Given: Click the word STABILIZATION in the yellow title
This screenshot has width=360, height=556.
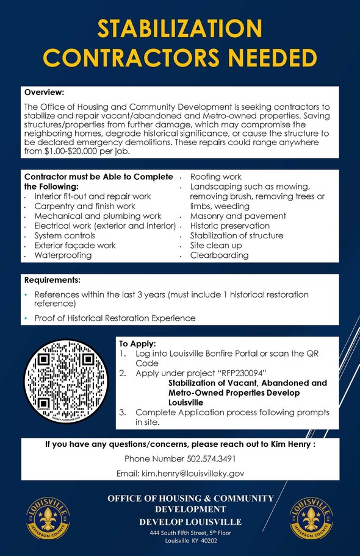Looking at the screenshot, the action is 180,29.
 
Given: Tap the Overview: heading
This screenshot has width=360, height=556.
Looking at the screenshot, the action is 44,92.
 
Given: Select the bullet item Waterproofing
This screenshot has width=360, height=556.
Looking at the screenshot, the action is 63,255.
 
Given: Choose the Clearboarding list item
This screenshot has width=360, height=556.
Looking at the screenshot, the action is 219,255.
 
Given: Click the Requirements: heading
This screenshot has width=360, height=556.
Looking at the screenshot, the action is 52,280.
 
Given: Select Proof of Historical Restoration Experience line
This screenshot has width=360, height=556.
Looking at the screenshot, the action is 115,318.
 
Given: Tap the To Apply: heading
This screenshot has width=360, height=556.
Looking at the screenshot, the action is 138,344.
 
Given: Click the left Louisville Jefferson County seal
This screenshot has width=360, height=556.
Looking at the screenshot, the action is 48,516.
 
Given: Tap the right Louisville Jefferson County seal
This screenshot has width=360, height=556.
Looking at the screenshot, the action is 311,516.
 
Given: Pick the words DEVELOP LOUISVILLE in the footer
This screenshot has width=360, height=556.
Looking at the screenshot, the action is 190,522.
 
